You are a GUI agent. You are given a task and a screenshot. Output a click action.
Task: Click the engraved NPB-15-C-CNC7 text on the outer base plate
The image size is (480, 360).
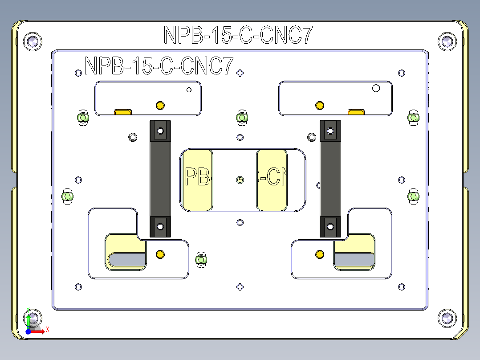[x=238, y=35]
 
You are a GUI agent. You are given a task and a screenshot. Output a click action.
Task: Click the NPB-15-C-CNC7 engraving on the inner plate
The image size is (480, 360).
[x=159, y=66]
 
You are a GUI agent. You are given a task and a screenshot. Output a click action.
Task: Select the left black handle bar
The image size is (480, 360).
[x=160, y=178]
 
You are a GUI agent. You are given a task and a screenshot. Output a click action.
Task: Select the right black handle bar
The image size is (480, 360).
[x=330, y=178]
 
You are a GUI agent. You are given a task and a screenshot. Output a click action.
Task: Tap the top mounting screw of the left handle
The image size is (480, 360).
[x=160, y=131]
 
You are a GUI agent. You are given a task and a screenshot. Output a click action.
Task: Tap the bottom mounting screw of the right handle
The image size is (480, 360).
[x=330, y=226]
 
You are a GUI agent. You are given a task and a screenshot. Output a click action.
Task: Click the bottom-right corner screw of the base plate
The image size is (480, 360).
[x=447, y=317]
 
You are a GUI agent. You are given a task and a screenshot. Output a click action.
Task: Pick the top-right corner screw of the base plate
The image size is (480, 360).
[x=447, y=41]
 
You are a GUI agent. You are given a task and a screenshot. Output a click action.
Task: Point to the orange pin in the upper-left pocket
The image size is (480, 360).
[x=160, y=106]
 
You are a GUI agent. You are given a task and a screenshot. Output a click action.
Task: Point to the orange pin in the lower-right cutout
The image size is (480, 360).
[x=319, y=254]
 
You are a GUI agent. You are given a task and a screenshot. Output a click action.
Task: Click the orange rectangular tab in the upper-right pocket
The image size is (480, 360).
[x=356, y=111]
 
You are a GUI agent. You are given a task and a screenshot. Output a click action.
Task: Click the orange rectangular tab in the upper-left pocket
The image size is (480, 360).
[x=123, y=111]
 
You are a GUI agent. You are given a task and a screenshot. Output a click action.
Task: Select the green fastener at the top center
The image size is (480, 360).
[x=241, y=118]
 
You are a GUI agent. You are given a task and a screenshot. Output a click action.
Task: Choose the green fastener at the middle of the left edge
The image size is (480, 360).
[x=67, y=196]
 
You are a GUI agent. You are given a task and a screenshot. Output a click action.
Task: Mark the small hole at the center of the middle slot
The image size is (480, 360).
[x=240, y=180]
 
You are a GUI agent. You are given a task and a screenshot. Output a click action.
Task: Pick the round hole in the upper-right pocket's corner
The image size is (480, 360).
[x=376, y=88]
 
